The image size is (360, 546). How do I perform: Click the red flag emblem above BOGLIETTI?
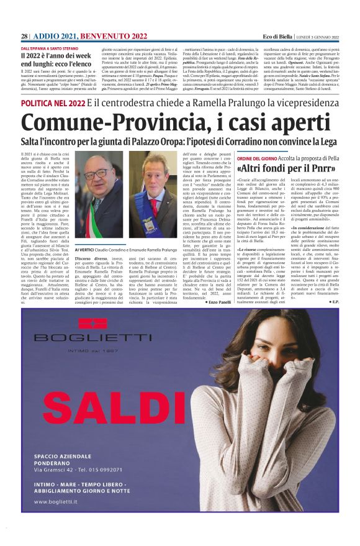tap(92, 323)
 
